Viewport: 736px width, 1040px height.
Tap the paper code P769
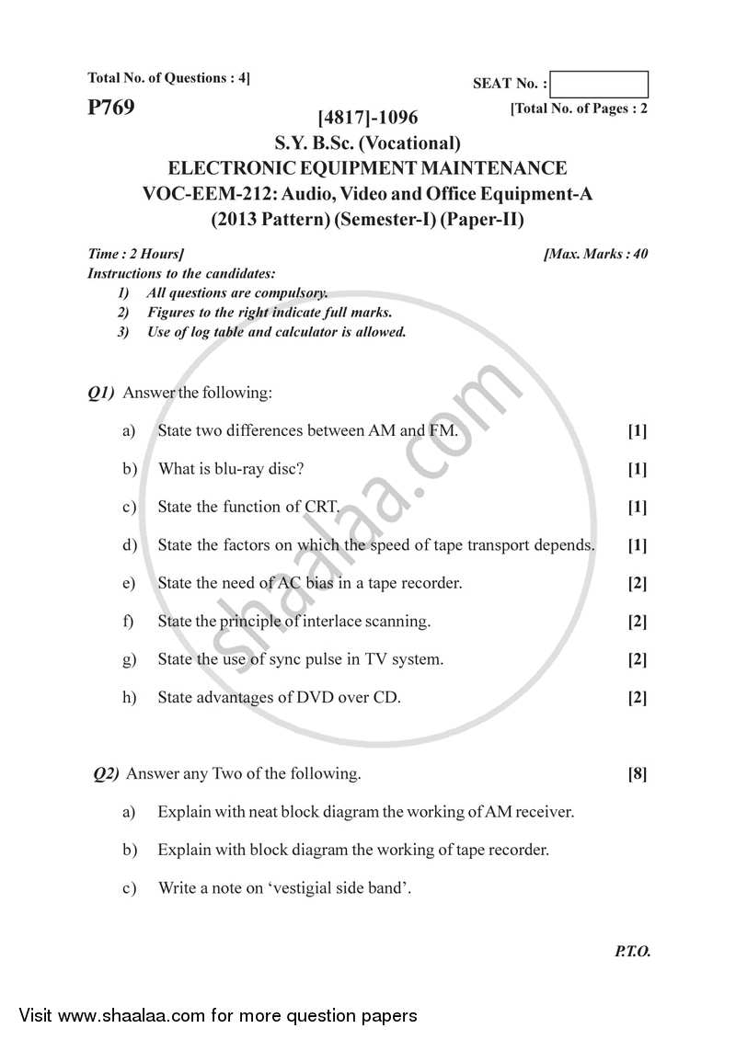pyautogui.click(x=111, y=108)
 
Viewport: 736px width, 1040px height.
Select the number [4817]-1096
pyautogui.click(x=367, y=118)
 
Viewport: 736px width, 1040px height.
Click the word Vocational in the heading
pyautogui.click(x=410, y=143)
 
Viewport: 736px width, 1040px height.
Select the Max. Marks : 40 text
pyautogui.click(x=595, y=254)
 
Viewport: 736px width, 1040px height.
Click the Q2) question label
pyautogui.click(x=107, y=773)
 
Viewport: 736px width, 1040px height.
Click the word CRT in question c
pyautogui.click(x=322, y=507)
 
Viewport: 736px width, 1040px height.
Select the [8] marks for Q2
pyautogui.click(x=637, y=774)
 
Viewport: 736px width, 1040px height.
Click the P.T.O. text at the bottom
pyautogui.click(x=632, y=952)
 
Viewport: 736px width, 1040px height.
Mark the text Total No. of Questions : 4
pyautogui.click(x=168, y=78)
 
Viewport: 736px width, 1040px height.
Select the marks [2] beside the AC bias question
pyautogui.click(x=637, y=584)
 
